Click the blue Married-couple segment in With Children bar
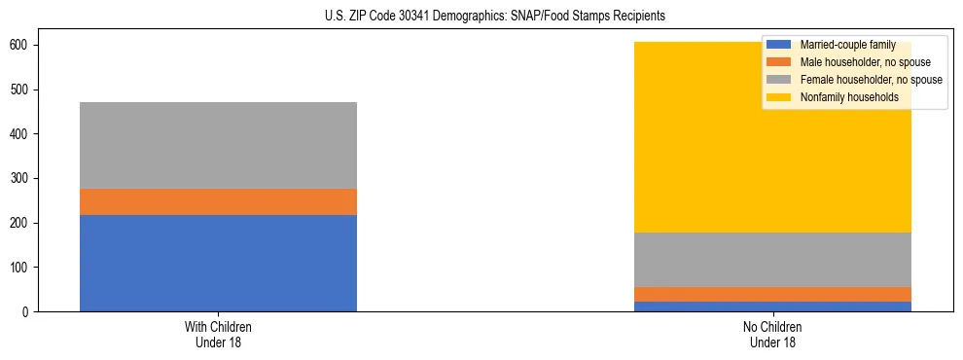[x=218, y=263]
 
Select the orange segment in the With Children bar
[x=218, y=201]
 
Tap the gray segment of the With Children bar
[x=218, y=145]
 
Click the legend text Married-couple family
[x=847, y=46]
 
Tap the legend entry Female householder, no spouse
[x=871, y=80]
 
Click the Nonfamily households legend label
[x=849, y=97]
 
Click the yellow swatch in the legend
[x=780, y=97]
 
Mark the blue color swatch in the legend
[x=780, y=46]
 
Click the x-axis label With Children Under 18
[x=218, y=335]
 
